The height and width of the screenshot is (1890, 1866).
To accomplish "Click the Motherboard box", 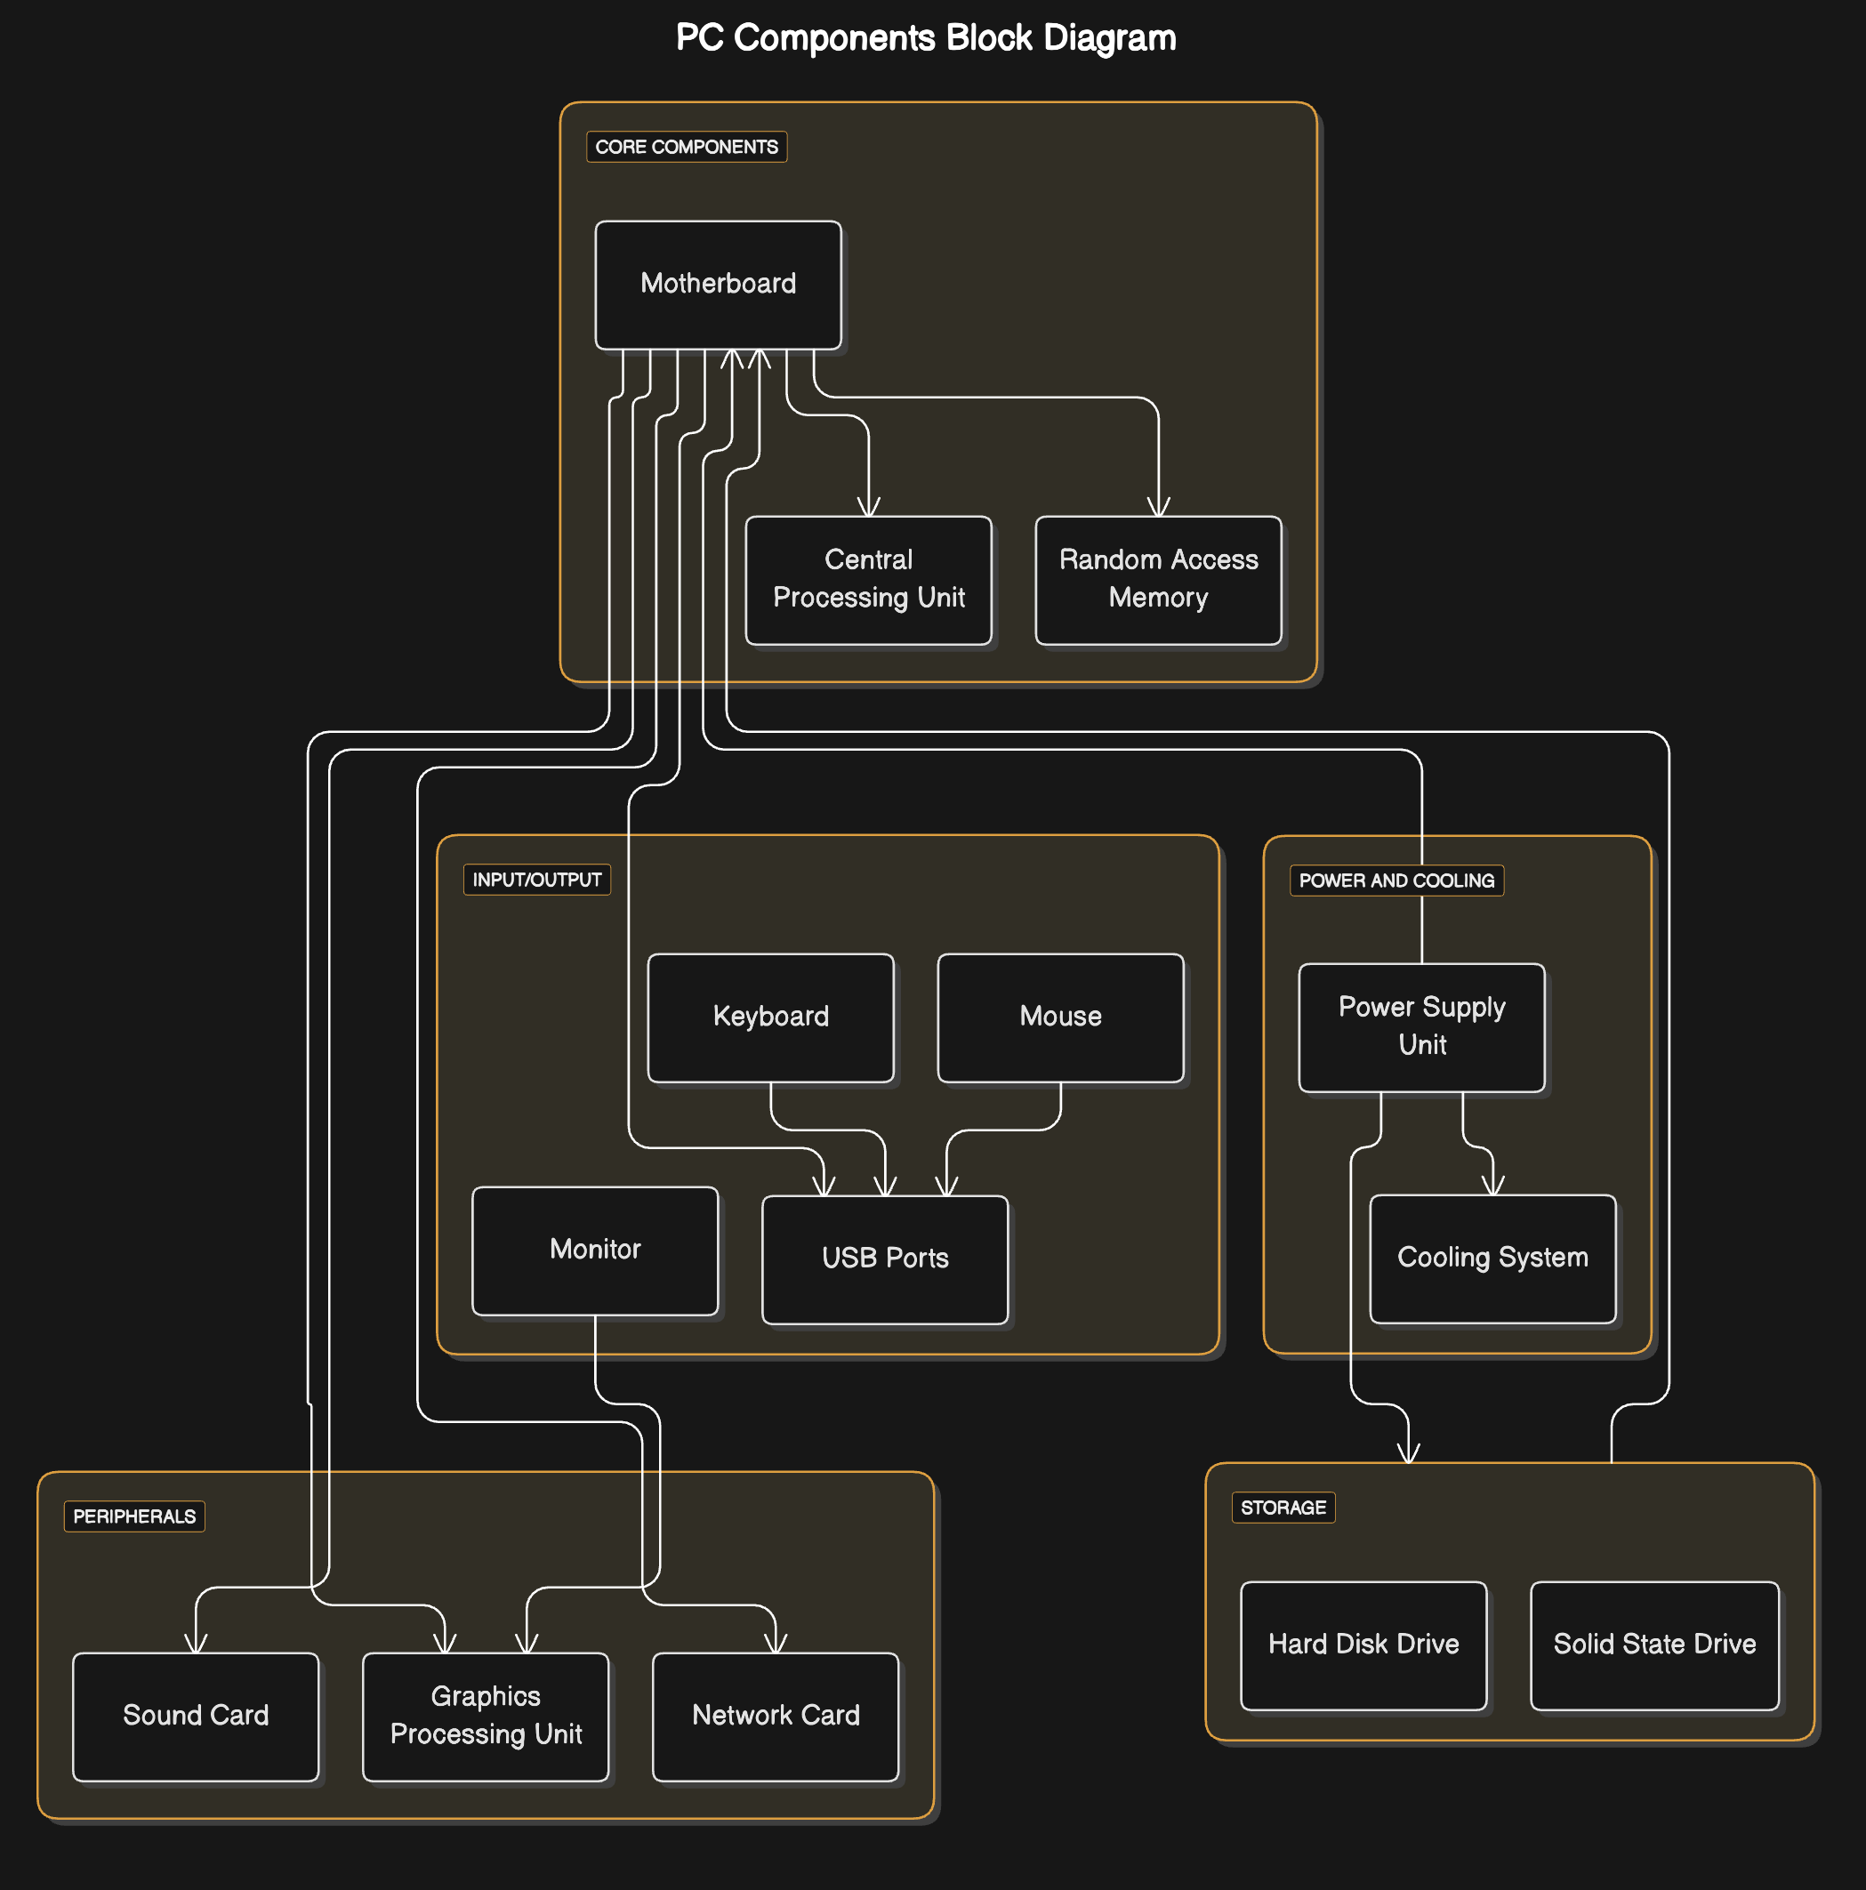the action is coord(719,285).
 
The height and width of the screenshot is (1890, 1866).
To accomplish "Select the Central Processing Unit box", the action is coord(869,580).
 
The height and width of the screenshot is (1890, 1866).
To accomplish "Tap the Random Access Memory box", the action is coord(1159,580).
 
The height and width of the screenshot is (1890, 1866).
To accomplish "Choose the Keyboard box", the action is coord(771,1017).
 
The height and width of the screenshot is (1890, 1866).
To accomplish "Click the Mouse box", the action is coord(1061,1017).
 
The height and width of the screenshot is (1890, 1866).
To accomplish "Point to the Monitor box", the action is coord(595,1251).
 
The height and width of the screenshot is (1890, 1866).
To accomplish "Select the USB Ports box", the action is coord(886,1259).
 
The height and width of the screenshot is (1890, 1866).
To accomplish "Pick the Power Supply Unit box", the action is coord(1422,1027).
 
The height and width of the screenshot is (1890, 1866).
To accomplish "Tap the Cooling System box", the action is coord(1493,1258).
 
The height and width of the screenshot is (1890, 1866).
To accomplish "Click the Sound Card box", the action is coord(196,1717).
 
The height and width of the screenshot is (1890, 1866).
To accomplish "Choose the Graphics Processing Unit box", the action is coord(487,1717).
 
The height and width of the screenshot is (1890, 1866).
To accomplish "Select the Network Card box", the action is coord(776,1717).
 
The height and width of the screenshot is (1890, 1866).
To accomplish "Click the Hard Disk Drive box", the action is coord(1364,1645).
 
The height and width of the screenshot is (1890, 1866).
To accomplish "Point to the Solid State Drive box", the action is coord(1654,1645).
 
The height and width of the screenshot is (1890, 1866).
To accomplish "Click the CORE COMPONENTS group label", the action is coord(687,147).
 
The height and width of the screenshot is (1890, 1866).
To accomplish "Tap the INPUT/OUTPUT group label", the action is coord(537,880).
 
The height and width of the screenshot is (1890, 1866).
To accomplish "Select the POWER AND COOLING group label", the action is coord(1397,881).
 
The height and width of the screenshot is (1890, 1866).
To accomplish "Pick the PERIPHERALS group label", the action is coord(135,1516).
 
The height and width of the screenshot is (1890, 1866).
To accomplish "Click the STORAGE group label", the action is coord(1283,1508).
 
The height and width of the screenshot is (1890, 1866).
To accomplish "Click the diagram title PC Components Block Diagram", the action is coord(926,38).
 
